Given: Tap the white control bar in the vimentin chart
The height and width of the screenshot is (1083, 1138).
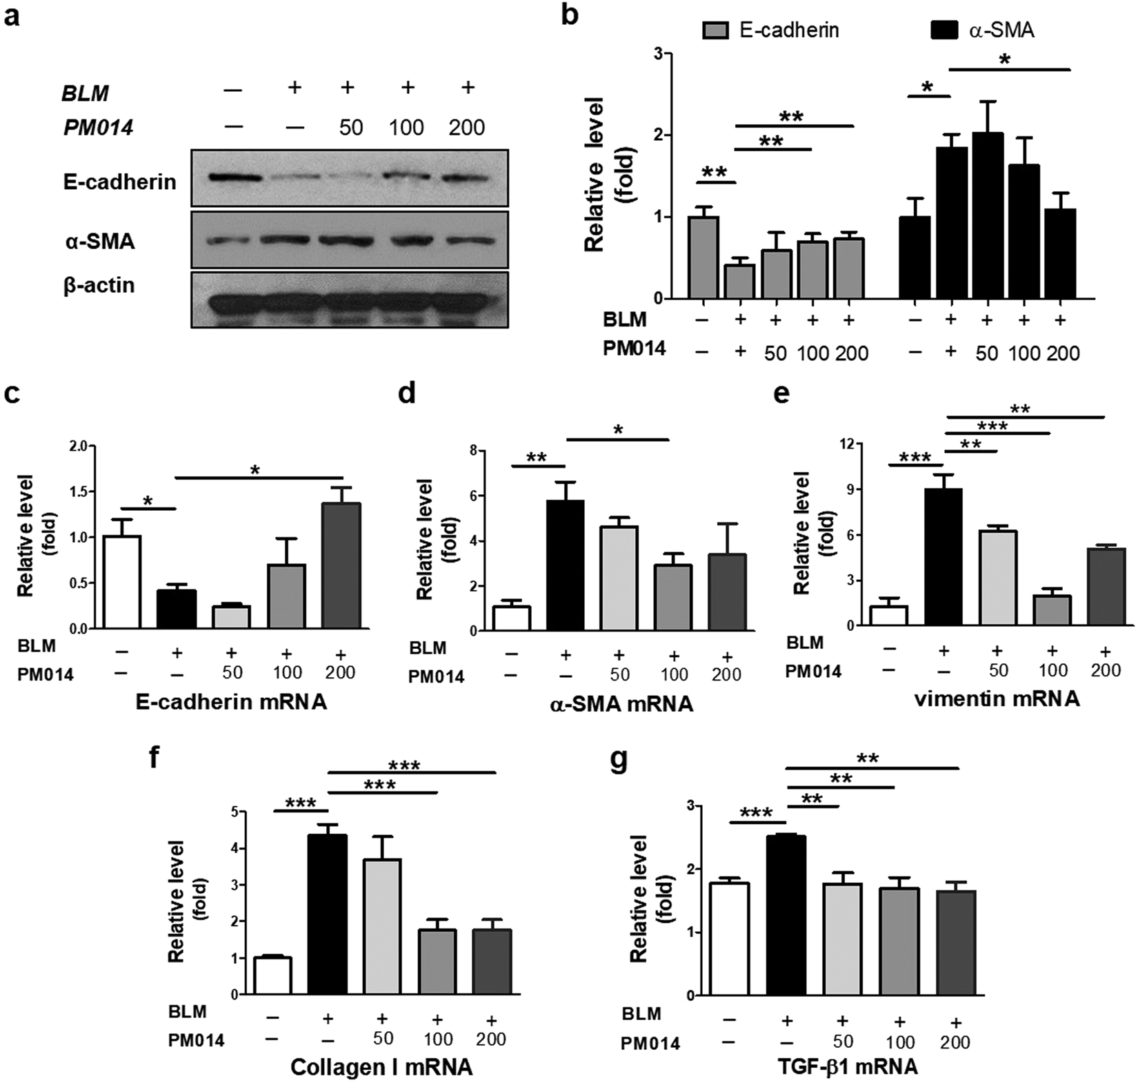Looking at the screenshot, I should point(889,616).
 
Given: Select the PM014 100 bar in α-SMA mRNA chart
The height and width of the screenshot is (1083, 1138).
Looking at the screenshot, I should point(672,598).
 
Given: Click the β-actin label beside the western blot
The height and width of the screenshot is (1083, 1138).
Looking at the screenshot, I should point(99,285).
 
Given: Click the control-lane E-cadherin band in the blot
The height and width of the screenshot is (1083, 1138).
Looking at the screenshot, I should point(234,178).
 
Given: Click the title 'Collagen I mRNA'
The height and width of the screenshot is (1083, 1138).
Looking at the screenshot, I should point(381,1067).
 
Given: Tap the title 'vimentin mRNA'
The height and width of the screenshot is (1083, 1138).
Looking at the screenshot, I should point(997,699).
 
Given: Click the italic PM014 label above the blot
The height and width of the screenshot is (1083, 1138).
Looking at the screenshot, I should point(98,128).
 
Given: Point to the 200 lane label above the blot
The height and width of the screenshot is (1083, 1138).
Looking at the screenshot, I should point(466,128).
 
